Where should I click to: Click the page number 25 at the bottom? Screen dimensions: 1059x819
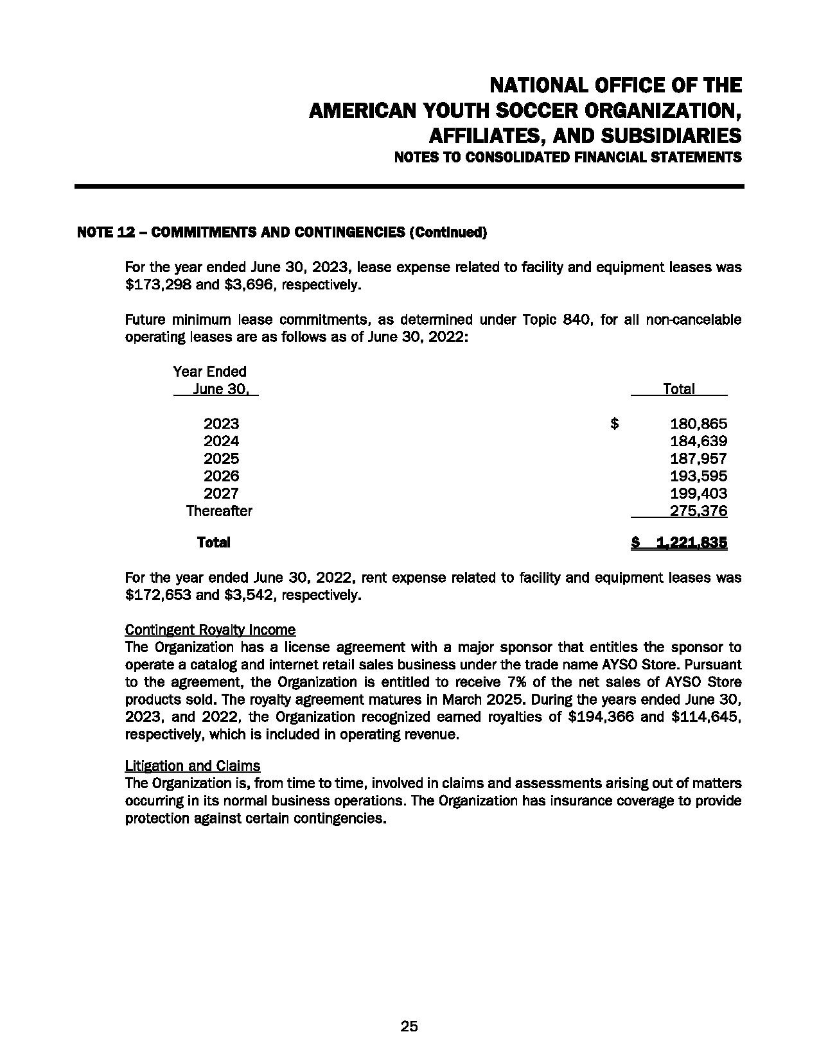[409, 1026]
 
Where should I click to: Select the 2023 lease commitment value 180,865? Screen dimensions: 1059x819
[698, 424]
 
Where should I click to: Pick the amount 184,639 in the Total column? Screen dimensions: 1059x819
[698, 441]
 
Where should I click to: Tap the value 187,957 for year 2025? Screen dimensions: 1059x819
[698, 459]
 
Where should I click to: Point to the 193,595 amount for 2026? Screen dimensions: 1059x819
[698, 476]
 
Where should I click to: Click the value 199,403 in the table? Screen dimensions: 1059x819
[698, 494]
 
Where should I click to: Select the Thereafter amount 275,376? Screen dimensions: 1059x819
[698, 511]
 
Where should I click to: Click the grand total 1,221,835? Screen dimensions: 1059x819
[692, 542]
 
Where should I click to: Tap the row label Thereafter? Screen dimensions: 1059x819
[219, 511]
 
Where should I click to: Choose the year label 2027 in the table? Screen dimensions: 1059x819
[221, 494]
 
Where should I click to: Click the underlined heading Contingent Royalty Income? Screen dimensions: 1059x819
[210, 630]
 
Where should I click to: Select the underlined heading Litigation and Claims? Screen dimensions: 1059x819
[193, 766]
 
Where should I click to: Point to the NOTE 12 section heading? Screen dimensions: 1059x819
[281, 232]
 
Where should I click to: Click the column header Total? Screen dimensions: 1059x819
[678, 389]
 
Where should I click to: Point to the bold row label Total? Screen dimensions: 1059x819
[213, 542]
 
